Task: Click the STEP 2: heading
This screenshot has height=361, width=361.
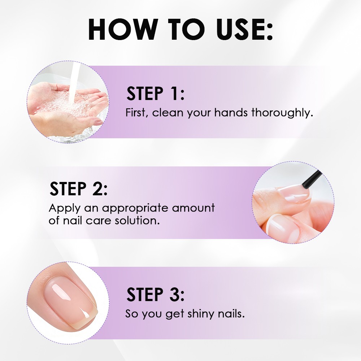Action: tap(78, 188)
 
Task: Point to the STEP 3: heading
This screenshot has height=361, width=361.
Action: tap(155, 294)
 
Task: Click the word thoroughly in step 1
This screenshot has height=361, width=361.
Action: tap(282, 113)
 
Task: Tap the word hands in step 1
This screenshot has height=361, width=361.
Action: tap(231, 113)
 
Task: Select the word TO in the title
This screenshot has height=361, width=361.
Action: tap(186, 29)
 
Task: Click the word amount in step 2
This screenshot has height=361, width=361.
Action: tap(193, 208)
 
